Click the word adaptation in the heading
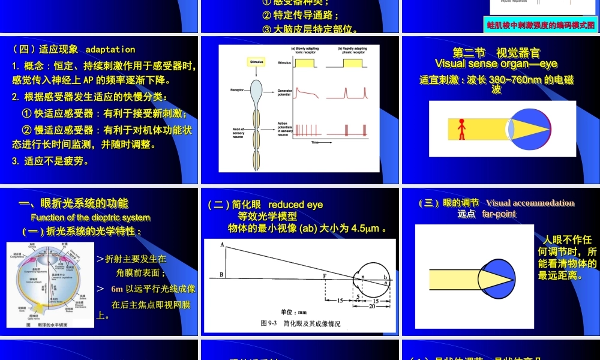[110, 49]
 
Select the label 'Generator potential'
[285, 94]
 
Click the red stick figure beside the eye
[461, 130]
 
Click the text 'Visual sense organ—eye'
[496, 64]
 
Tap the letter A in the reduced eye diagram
[222, 245]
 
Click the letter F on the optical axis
[325, 275]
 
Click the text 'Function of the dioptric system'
[91, 217]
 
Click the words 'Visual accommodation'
[530, 203]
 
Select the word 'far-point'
[499, 214]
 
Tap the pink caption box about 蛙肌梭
[541, 25]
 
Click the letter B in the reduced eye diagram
[222, 275]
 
